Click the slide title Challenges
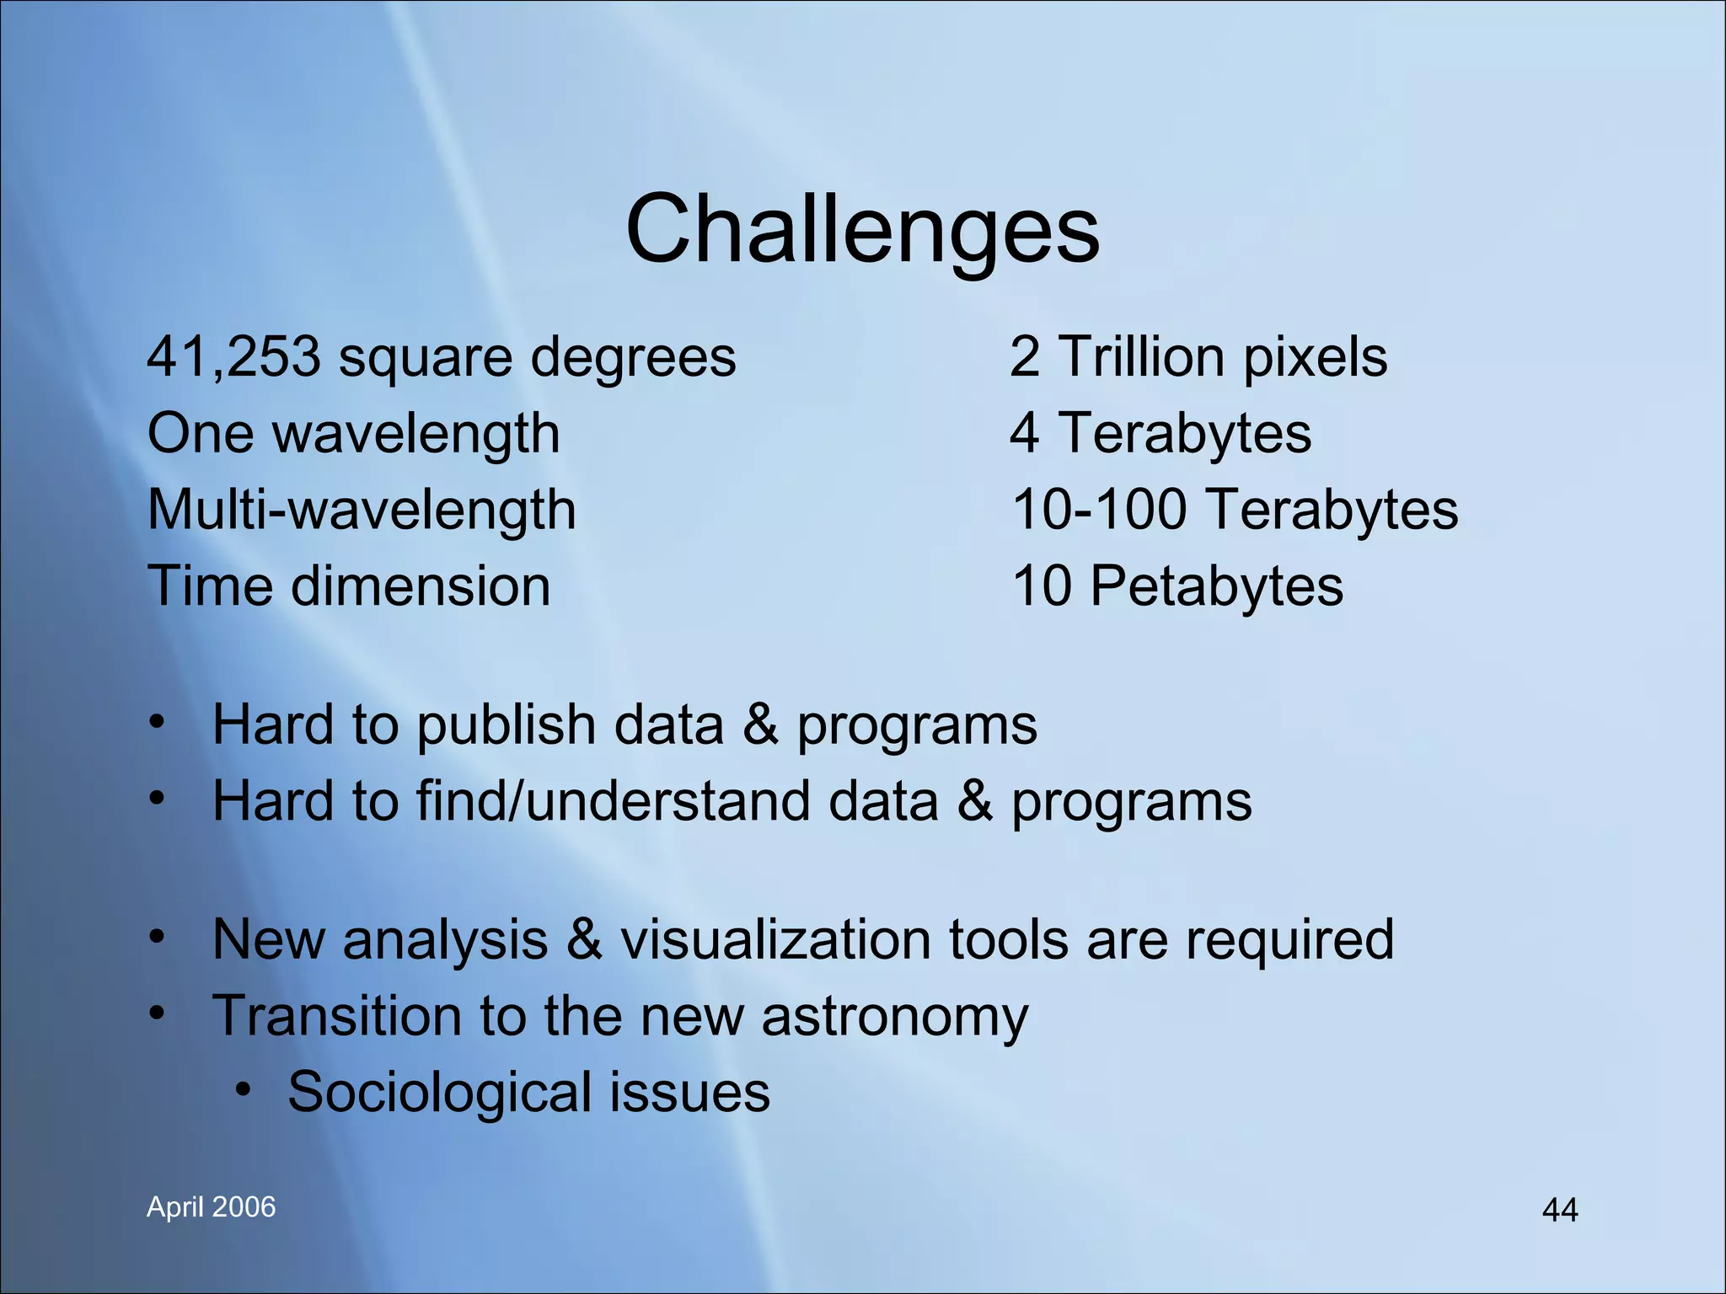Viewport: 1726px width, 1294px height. click(862, 229)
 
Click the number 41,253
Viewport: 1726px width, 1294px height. click(233, 356)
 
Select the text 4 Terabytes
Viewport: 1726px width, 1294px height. click(1160, 433)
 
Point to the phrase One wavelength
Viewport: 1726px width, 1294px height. click(353, 433)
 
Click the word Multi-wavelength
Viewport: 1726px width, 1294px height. click(362, 510)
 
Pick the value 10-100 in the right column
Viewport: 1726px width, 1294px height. click(1099, 510)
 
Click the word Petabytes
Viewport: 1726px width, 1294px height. click(1216, 586)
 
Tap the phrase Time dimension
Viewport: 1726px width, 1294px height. click(349, 586)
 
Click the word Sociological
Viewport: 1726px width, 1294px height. click(439, 1093)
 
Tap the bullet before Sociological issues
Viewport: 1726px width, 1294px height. click(244, 1090)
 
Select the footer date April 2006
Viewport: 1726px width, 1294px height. click(211, 1207)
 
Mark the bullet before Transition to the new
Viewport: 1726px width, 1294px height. click(157, 1014)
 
